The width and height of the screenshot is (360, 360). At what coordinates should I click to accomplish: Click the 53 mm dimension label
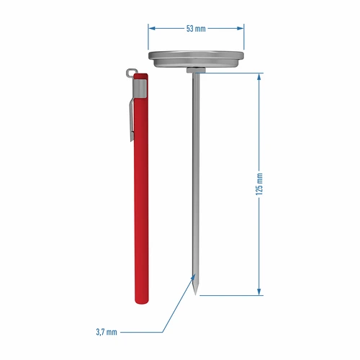(196, 29)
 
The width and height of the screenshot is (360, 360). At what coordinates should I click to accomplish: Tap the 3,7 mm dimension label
(105, 332)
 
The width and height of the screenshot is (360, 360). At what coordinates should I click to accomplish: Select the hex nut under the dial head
(195, 69)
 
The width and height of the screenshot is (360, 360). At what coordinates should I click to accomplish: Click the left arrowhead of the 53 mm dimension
(151, 29)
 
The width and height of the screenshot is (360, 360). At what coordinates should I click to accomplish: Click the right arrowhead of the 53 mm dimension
(240, 29)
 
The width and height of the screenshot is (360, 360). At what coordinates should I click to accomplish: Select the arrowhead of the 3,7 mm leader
(191, 277)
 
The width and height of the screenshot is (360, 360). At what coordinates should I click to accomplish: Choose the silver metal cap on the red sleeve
(142, 86)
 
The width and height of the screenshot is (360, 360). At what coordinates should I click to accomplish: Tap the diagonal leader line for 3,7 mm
(176, 306)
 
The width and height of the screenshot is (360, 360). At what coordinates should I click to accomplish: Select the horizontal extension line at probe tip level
(230, 294)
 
